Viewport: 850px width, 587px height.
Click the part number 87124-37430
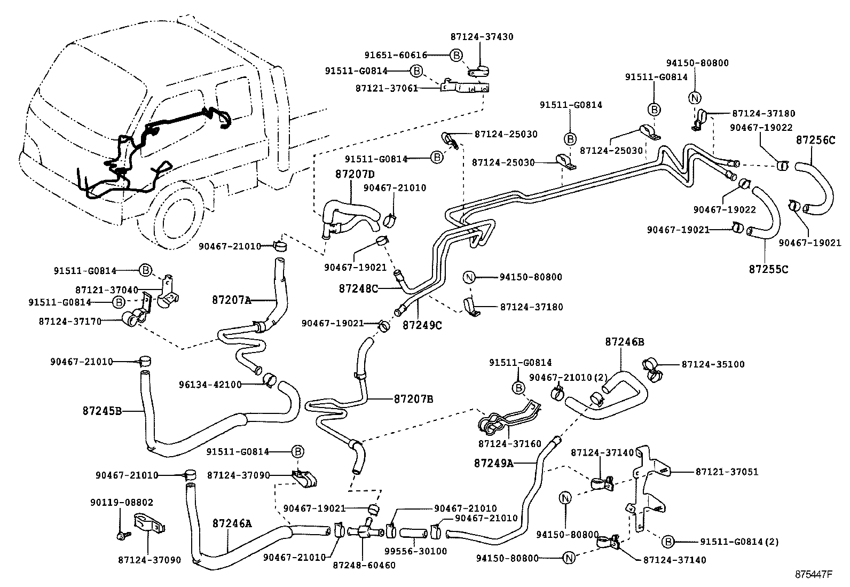[482, 37]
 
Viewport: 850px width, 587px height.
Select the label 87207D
[355, 174]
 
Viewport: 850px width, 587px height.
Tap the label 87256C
[815, 140]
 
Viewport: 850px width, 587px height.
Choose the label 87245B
[103, 411]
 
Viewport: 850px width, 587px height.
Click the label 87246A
[231, 523]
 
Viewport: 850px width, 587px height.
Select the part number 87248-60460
[364, 565]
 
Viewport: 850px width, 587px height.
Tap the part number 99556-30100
[423, 551]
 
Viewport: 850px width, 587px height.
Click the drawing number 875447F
[814, 575]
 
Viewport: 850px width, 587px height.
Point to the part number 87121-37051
[727, 472]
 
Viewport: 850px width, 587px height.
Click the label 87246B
[624, 341]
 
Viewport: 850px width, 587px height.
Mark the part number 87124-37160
[510, 443]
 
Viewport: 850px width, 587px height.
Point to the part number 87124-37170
[70, 322]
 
